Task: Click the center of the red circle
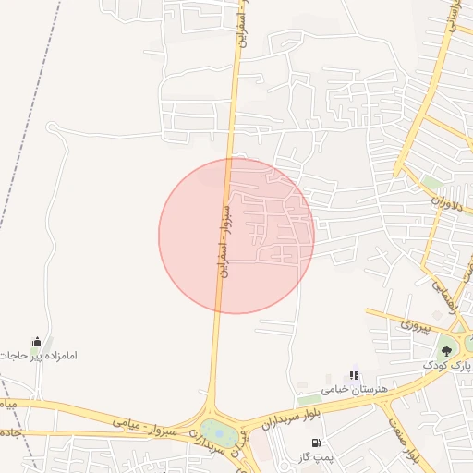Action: pos(236,236)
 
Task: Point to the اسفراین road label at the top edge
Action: pos(238,28)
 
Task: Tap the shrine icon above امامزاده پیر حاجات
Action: pos(37,342)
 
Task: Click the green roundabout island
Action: pos(219,431)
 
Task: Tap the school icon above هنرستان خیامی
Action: pos(354,376)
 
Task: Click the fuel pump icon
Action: pos(317,443)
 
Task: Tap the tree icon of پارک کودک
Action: pos(447,351)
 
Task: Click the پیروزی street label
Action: pos(408,326)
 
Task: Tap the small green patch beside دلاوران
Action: pos(431,182)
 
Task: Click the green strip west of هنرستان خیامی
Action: pos(309,399)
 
